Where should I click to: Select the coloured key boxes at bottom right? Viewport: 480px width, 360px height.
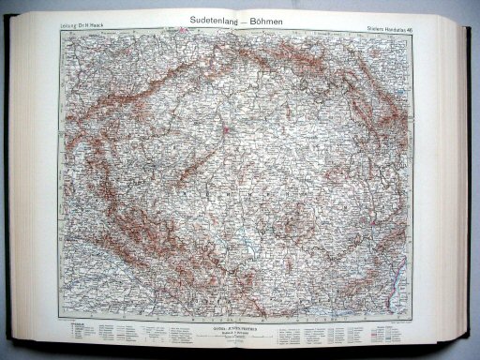tap(403, 329)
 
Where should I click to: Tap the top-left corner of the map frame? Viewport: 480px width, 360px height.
tap(60, 34)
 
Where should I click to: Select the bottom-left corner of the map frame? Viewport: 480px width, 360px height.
tap(60, 320)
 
